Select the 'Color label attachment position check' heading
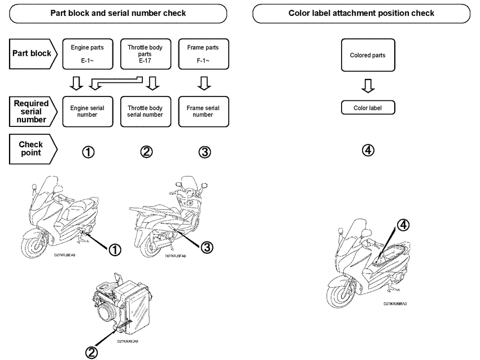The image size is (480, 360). pyautogui.click(x=361, y=13)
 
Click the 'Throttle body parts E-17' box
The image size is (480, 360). pyautogui.click(x=145, y=54)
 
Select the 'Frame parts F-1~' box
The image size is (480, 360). pyautogui.click(x=203, y=54)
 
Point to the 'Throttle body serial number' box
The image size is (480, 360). pyautogui.click(x=145, y=111)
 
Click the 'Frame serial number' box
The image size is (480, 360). pyautogui.click(x=203, y=111)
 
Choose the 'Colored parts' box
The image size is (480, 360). pyautogui.click(x=368, y=55)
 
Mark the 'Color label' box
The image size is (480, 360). pyautogui.click(x=368, y=108)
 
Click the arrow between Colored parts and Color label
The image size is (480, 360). pyautogui.click(x=368, y=86)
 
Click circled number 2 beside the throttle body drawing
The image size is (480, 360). pyautogui.click(x=91, y=352)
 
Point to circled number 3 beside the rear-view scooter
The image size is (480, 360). pyautogui.click(x=207, y=247)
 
